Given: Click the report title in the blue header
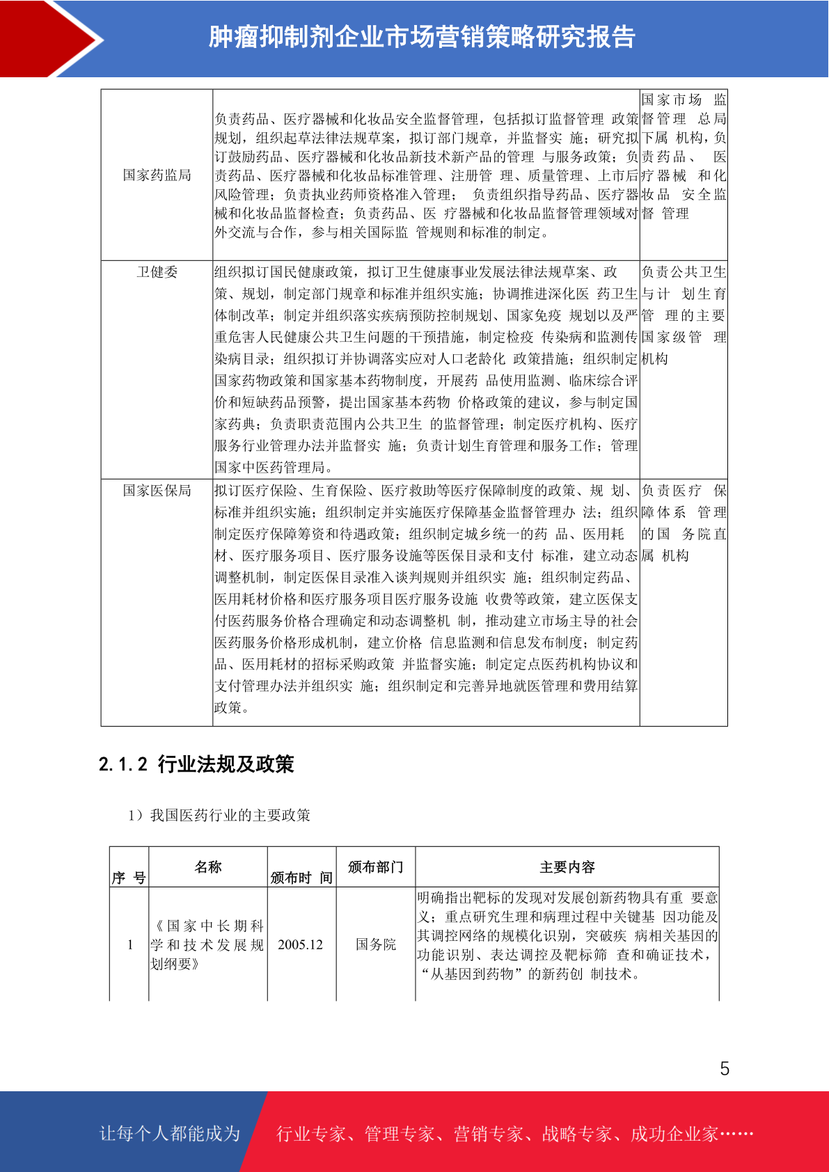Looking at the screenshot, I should tap(422, 38).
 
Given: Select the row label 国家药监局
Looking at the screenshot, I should tap(157, 175).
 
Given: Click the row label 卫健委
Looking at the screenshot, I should tap(157, 272).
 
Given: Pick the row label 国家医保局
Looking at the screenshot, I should tap(157, 491).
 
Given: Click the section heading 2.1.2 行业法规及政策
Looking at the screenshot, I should tap(196, 764).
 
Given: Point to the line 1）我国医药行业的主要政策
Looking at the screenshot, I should tap(219, 815).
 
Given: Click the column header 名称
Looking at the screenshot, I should tap(207, 867).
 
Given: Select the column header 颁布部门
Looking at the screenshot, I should tap(375, 867).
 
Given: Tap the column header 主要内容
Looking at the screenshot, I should tap(567, 867).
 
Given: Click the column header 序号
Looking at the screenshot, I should tap(129, 878).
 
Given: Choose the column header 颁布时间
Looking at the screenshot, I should tap(301, 878).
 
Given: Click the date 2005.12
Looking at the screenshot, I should tap(301, 944).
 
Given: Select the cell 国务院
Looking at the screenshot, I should tap(375, 944).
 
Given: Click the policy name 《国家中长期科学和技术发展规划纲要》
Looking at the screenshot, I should tap(207, 944).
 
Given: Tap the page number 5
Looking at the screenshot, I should tap(725, 1069).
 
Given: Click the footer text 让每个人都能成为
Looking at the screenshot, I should tap(170, 1134).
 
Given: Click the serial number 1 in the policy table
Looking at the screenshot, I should tap(129, 944).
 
